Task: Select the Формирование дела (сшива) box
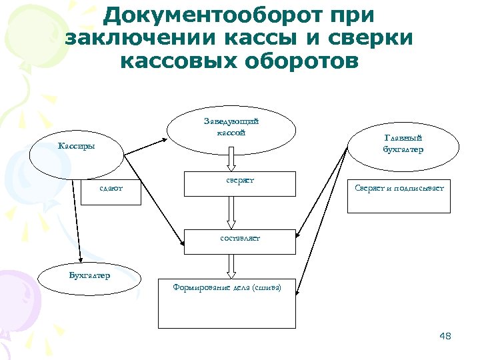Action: coord(227,303)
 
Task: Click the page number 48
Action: coord(445,336)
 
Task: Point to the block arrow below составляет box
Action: coord(231,266)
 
